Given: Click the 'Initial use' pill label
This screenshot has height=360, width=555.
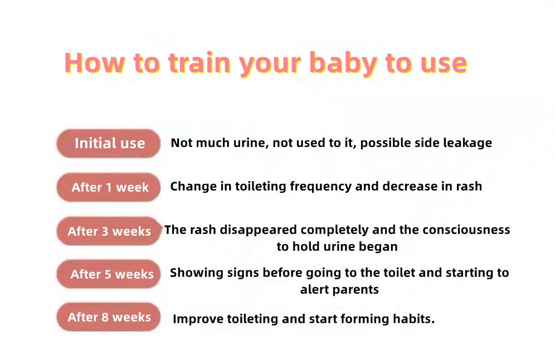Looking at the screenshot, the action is pyautogui.click(x=108, y=143).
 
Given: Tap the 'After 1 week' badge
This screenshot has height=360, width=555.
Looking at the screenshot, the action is pyautogui.click(x=108, y=187).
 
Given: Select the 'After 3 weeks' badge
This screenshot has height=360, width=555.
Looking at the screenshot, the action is pyautogui.click(x=109, y=231).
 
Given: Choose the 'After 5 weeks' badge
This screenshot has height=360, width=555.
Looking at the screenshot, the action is pyautogui.click(x=108, y=274).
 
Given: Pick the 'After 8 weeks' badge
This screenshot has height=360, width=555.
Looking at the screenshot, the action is pyautogui.click(x=108, y=317).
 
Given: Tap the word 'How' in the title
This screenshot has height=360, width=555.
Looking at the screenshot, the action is pyautogui.click(x=95, y=63).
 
